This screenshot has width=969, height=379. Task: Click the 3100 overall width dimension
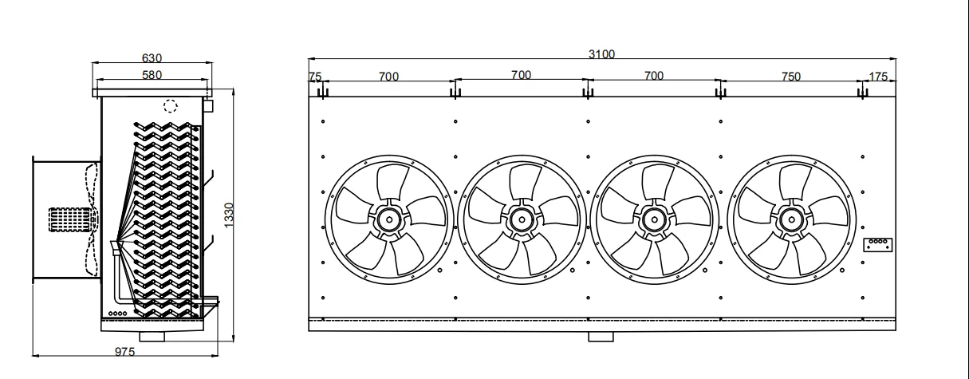601,54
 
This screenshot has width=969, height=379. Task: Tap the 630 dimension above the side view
152,58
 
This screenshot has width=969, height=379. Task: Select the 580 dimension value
152,75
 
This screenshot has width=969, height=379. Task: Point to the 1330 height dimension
229,215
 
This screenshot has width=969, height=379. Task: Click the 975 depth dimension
124,352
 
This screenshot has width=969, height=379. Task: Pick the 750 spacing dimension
791,77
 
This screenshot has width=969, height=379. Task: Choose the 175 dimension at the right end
878,77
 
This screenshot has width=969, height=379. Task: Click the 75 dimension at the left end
315,77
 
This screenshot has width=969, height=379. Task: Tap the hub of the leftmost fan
389,219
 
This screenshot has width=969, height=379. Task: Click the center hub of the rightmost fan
791,219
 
